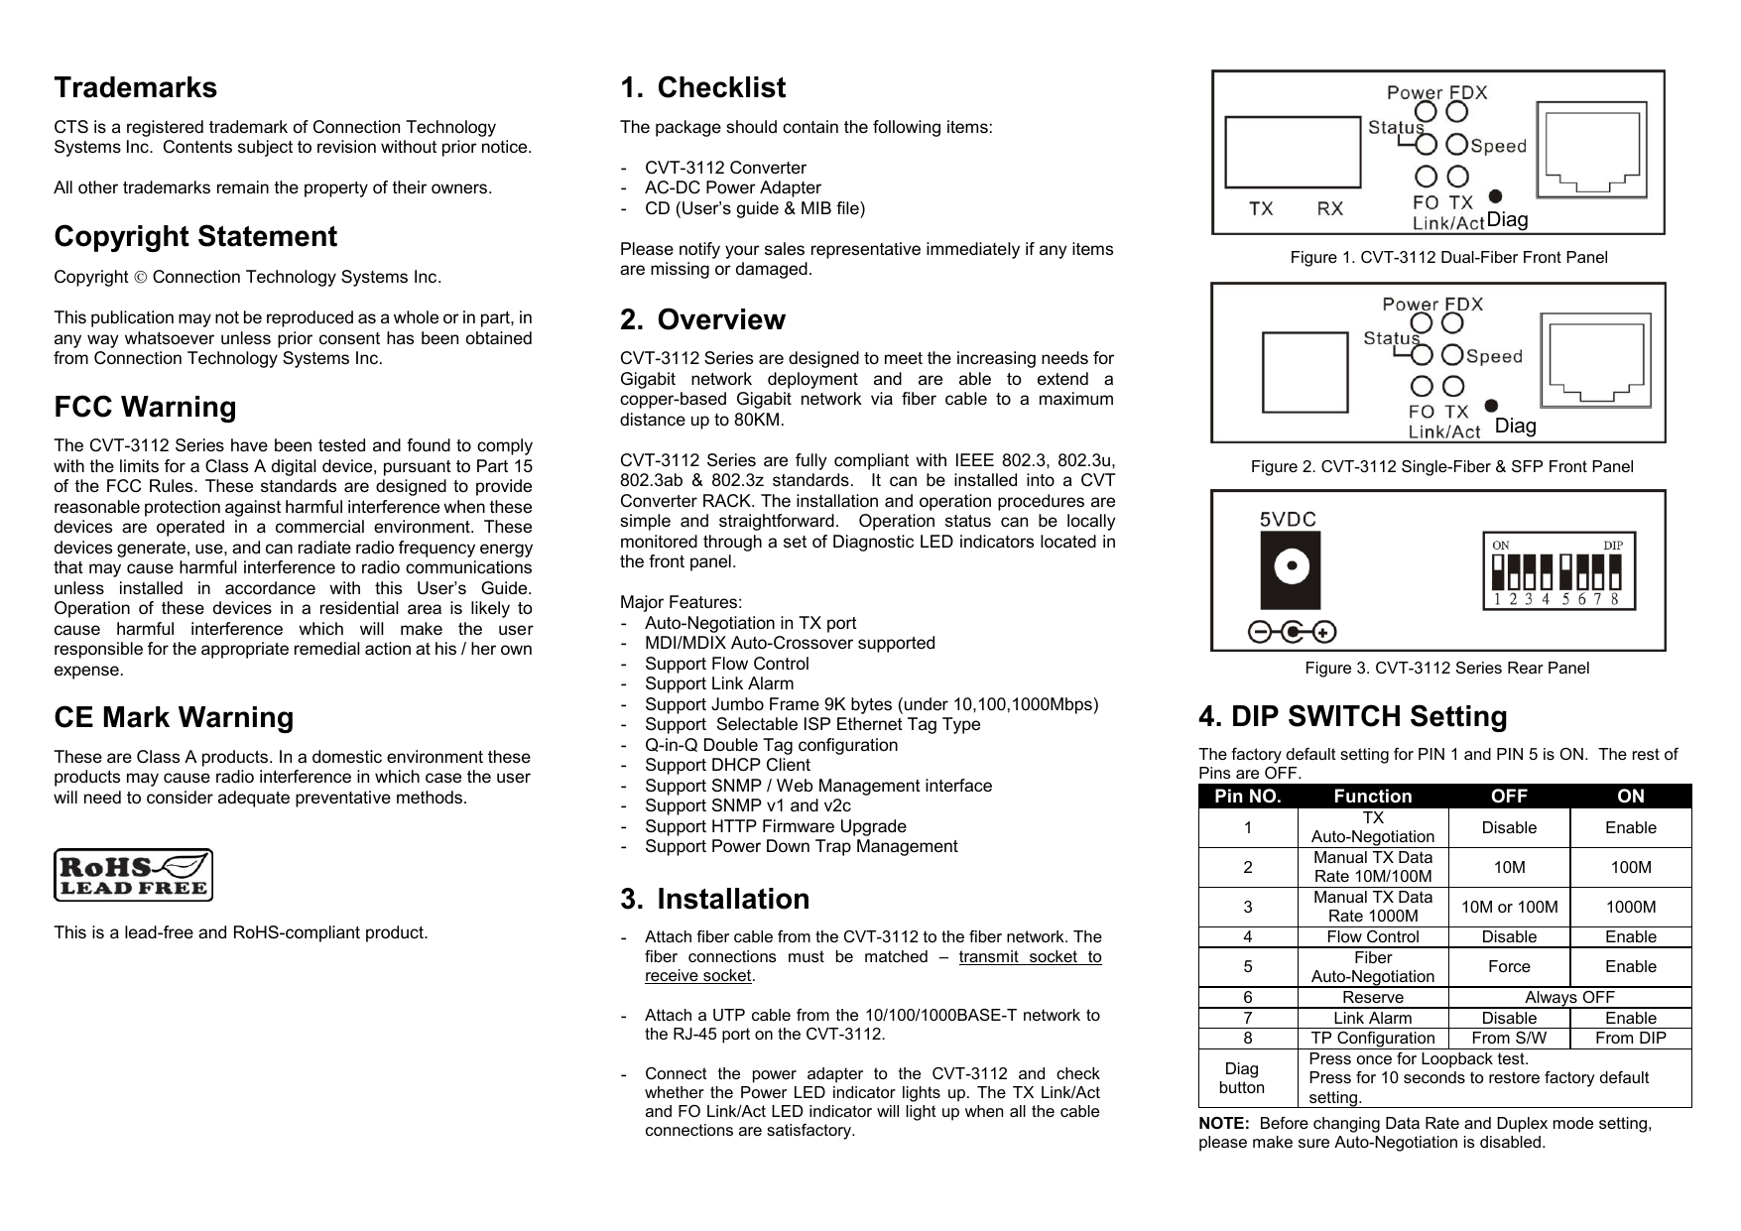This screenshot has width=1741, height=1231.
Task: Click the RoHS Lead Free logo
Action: (133, 875)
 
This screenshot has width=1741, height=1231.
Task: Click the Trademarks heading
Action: (135, 87)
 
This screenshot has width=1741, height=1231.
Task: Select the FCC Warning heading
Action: (145, 407)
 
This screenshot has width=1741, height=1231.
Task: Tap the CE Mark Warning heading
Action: (174, 717)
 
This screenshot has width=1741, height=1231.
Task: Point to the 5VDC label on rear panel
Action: (1288, 519)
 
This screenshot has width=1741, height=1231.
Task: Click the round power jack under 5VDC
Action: (1290, 570)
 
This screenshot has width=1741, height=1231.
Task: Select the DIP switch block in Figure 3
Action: (1556, 572)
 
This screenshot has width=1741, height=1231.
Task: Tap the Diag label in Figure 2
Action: (1515, 427)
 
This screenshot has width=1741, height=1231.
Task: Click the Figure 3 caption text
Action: (1445, 668)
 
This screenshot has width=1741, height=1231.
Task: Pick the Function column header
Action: (1372, 797)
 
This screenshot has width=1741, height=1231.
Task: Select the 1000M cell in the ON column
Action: (1630, 907)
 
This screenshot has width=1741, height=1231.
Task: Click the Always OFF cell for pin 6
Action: (1568, 997)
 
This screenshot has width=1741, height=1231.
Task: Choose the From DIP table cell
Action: (1630, 1039)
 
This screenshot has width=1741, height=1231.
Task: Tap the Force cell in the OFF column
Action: (1508, 966)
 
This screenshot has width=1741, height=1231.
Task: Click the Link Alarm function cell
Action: (1372, 1018)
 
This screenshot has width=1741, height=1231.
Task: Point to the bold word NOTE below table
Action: (1223, 1123)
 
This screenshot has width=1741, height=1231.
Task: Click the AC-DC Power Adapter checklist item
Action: (732, 187)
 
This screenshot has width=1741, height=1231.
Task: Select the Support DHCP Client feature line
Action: (727, 765)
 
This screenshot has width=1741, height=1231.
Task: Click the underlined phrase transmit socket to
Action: (1030, 956)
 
